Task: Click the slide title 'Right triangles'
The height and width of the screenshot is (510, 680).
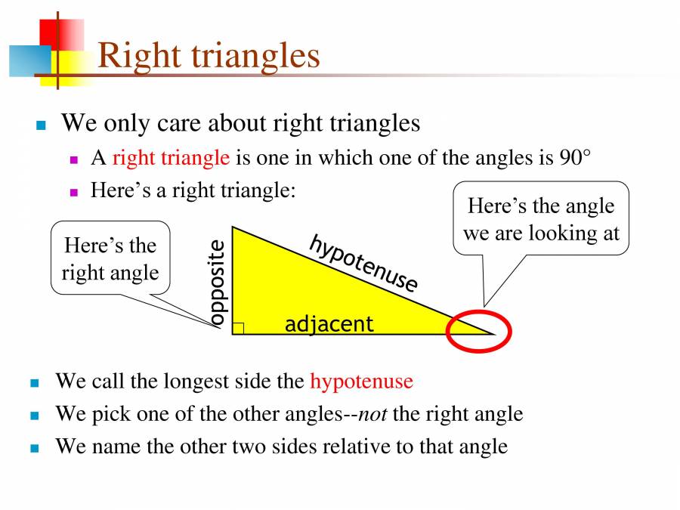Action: point(209,56)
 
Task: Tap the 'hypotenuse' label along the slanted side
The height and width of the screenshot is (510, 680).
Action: point(363,263)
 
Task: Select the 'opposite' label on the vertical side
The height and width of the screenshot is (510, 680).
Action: point(217,283)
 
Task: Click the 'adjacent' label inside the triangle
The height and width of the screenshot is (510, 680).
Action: point(329,324)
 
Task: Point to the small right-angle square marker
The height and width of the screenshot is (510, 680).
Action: point(238,328)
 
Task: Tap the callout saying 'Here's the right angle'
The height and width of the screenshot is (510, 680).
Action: point(110,258)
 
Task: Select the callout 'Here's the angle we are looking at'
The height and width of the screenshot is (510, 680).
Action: point(541,219)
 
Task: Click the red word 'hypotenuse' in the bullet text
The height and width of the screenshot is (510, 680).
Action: point(361,381)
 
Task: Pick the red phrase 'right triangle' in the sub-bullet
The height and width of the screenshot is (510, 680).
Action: point(170,157)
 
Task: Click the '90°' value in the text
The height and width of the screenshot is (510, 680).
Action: point(576,157)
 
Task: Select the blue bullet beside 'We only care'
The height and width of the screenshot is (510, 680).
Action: point(42,125)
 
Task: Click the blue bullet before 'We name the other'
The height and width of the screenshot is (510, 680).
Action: point(34,448)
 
